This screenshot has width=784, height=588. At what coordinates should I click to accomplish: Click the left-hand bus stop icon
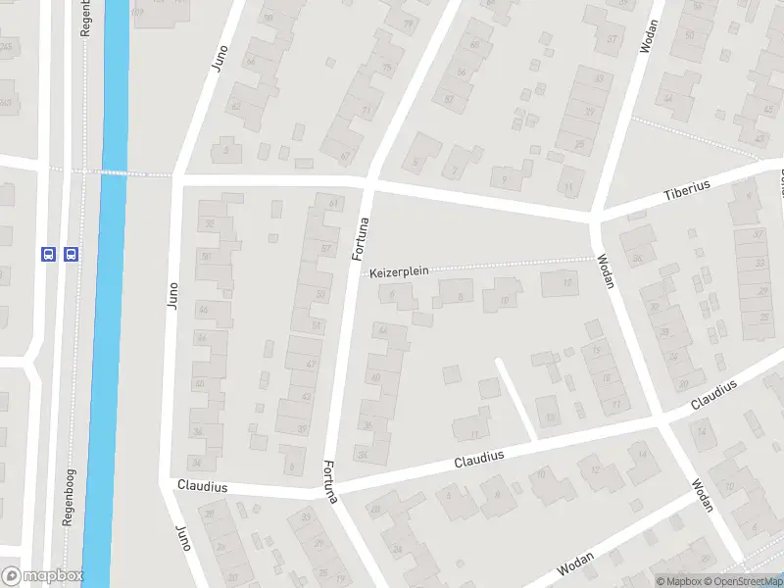[48, 254]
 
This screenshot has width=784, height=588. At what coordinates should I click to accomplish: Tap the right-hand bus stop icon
[71, 254]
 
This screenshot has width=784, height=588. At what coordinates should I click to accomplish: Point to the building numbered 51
[315, 326]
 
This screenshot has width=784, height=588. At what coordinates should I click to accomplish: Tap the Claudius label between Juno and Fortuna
[203, 487]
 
